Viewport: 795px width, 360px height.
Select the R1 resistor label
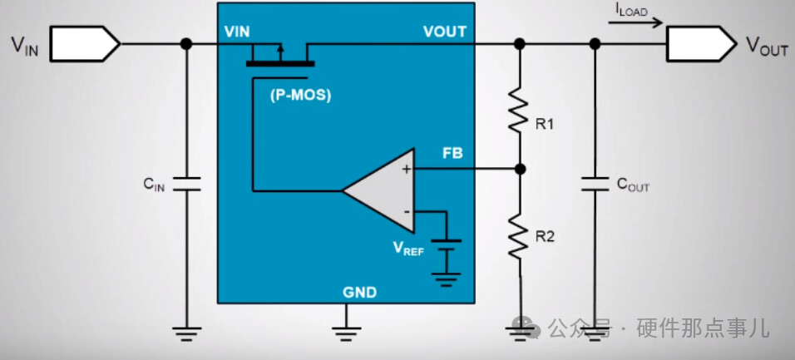coord(545,125)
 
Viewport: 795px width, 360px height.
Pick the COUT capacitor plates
coord(594,184)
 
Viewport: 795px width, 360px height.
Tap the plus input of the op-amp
coord(407,169)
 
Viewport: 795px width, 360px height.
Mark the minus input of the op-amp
coord(407,211)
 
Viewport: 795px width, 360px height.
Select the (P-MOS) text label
coord(300,95)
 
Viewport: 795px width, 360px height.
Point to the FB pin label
coord(452,154)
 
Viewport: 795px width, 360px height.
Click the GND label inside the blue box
coord(359,293)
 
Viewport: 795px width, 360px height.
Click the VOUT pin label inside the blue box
coord(444,32)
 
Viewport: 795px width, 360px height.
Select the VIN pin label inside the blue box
coord(237,32)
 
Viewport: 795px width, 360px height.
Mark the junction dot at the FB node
coord(520,169)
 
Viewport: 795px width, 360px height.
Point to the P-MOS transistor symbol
coord(279,57)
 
